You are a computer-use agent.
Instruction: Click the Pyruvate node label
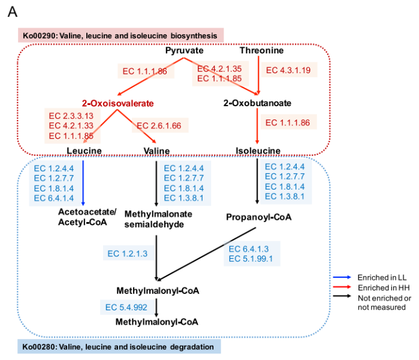click(x=184, y=50)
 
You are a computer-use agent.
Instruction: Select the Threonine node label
click(x=261, y=50)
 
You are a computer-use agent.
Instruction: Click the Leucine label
click(x=84, y=150)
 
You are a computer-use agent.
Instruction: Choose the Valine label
click(x=157, y=150)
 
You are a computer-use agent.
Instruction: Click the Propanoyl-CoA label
click(x=258, y=217)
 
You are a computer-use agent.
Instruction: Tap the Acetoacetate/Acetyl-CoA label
click(x=82, y=217)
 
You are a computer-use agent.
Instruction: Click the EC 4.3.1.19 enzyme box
click(x=288, y=70)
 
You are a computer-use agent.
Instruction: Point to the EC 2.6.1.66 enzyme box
click(x=161, y=126)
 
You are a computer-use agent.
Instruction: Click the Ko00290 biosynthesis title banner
click(x=120, y=35)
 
